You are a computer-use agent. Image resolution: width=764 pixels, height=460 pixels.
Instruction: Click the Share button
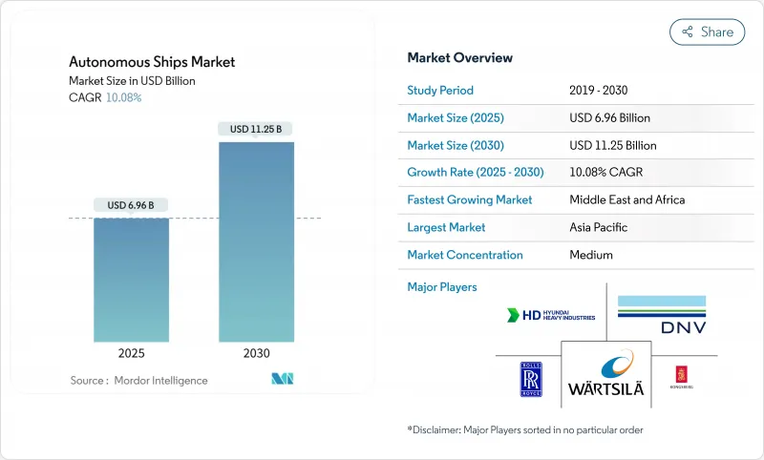pos(707,31)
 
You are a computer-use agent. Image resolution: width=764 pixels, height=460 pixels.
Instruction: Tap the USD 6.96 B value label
pos(131,205)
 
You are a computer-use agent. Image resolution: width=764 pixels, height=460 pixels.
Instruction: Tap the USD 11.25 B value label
pos(256,129)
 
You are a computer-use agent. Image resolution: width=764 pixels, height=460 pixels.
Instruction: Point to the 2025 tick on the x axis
pos(131,353)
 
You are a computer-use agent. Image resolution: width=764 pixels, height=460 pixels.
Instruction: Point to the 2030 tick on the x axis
pos(256,353)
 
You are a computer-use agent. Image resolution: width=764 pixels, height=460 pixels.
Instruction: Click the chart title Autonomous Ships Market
pos(152,62)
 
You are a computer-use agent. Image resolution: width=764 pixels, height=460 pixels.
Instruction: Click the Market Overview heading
pos(459,57)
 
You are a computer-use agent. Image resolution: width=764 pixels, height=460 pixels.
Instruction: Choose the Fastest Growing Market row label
pos(470,200)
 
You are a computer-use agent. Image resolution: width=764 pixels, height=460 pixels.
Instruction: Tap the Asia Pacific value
pos(599,227)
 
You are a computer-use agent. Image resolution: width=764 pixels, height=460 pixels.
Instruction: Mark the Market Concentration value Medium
pos(591,255)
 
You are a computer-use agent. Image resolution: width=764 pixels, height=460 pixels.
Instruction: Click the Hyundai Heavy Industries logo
pos(552,314)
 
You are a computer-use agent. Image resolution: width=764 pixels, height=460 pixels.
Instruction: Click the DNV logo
pos(661,314)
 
